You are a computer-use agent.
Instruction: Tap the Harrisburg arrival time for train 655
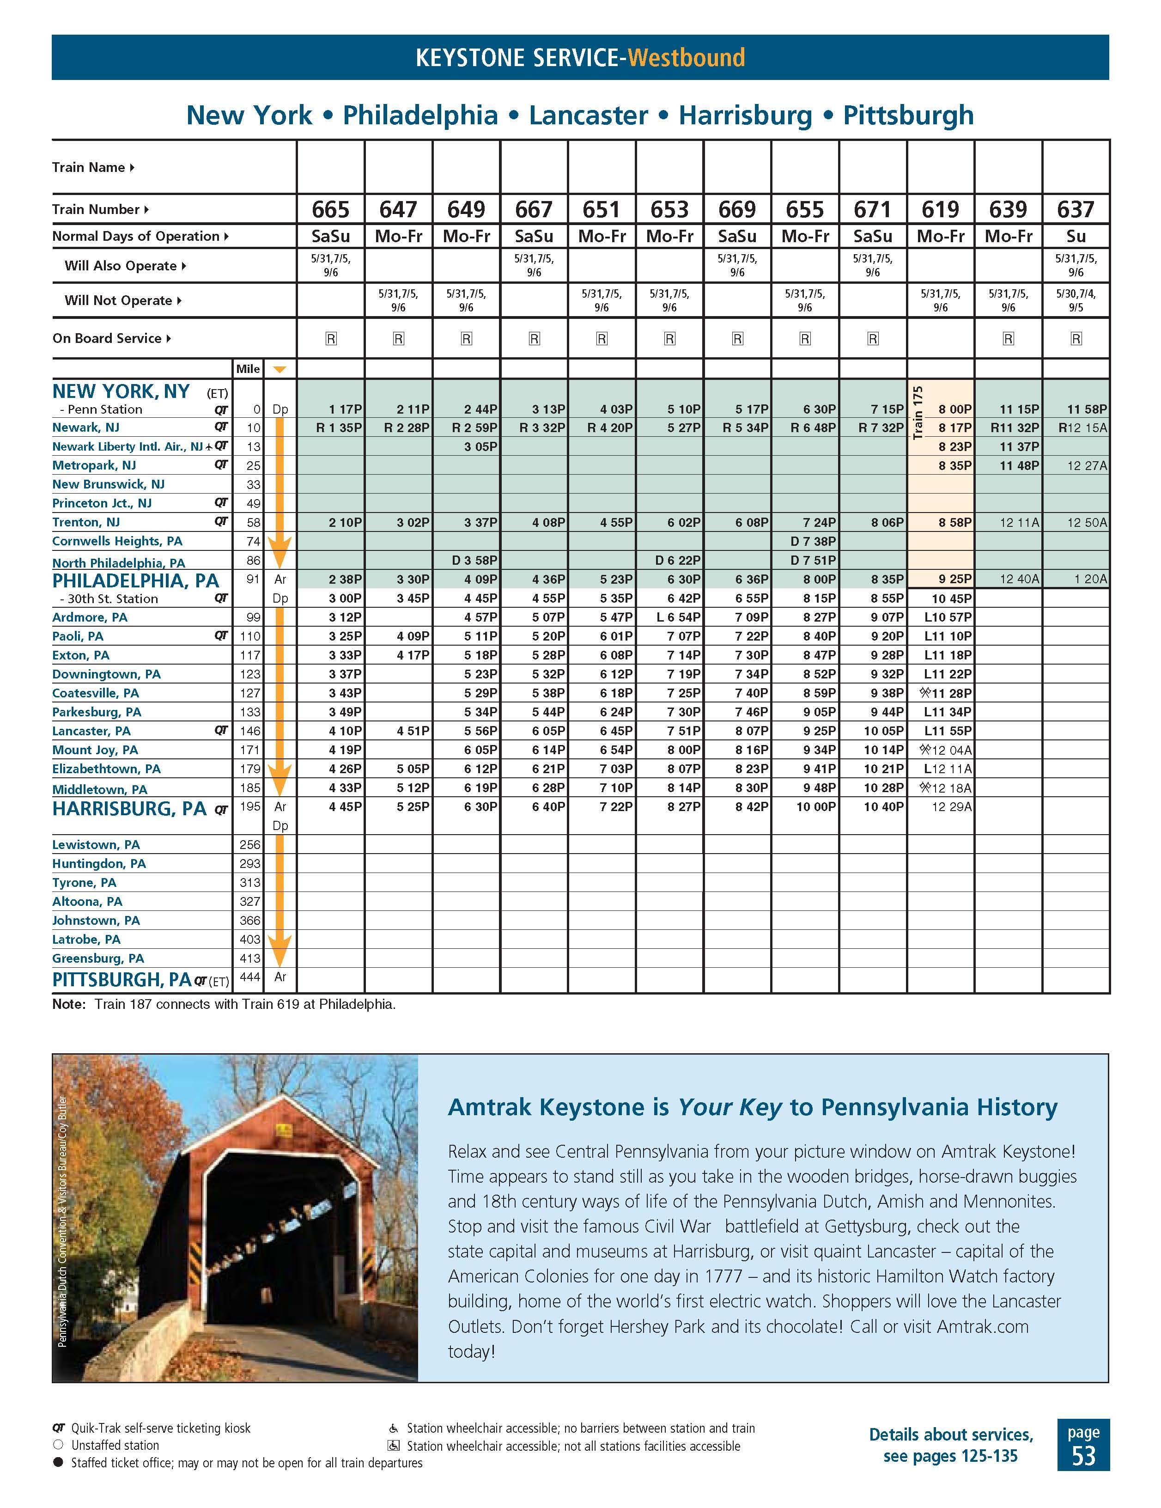tap(815, 806)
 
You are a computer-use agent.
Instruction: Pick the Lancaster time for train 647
tap(412, 731)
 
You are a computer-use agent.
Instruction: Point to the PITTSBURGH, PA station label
tap(122, 979)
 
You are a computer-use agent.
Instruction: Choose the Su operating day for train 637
tap(1076, 236)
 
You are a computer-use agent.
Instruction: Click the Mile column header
tap(248, 369)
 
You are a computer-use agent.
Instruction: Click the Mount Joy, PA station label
tap(95, 750)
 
